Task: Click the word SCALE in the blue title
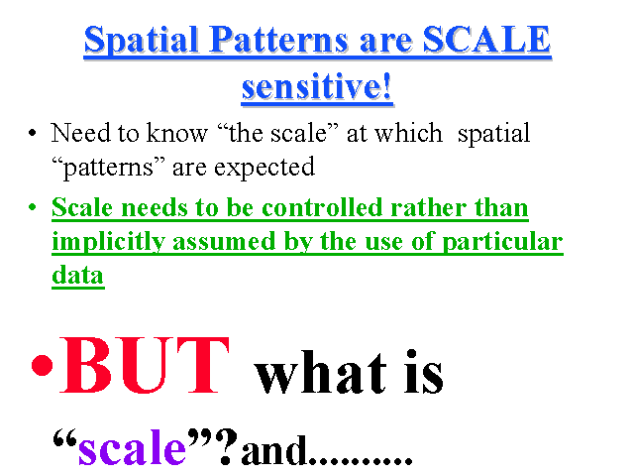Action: coord(486,40)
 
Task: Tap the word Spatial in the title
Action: coord(141,41)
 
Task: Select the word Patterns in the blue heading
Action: coord(279,40)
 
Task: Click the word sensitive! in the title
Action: coord(317,86)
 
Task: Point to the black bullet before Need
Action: coord(33,132)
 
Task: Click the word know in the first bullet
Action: coord(176,132)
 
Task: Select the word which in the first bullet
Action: coord(408,132)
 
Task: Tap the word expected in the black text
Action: coord(264,168)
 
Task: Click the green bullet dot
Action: coord(33,207)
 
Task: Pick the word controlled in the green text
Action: coord(322,207)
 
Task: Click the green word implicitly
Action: coord(108,242)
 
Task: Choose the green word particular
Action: coord(502,242)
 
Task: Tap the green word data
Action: coord(78,276)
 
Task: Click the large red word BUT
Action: coord(145,365)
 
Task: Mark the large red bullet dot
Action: coord(42,365)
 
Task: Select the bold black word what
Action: coord(320,373)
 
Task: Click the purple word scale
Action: coord(132,448)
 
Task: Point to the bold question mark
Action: coord(227,446)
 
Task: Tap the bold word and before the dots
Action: coord(273,449)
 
